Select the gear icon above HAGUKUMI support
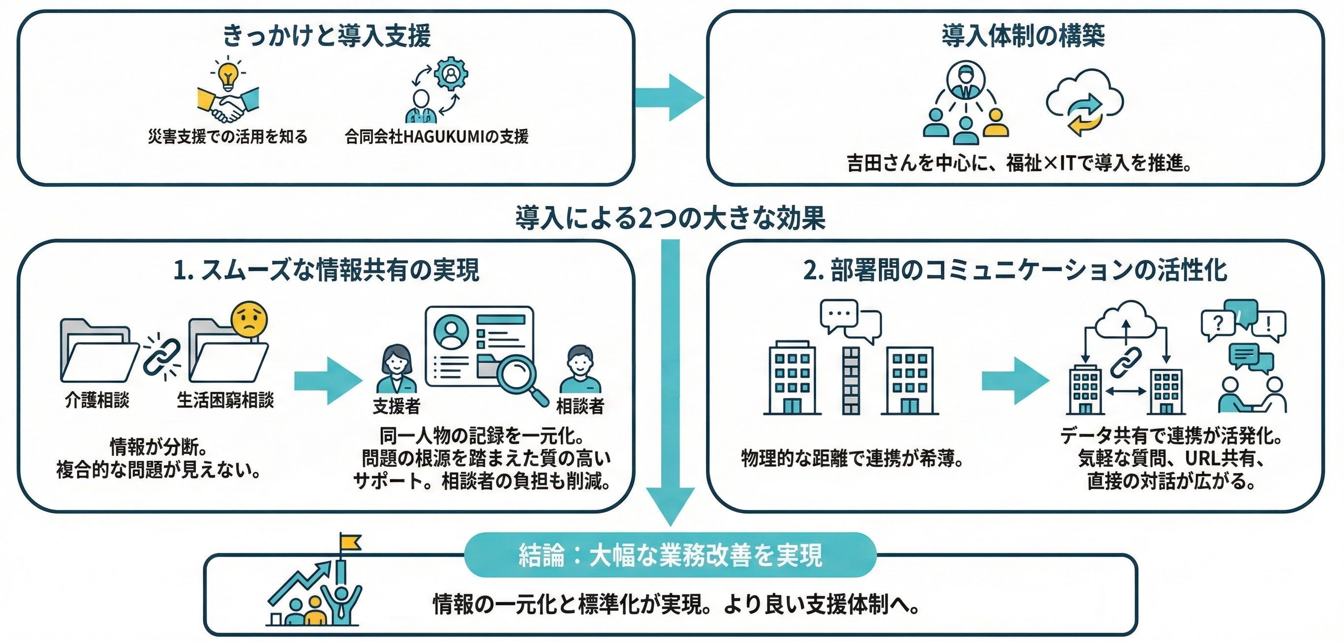click(x=450, y=73)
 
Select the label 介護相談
click(x=97, y=400)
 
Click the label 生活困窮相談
click(x=225, y=400)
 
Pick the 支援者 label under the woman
click(x=397, y=406)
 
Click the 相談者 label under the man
click(x=580, y=406)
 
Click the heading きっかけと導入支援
click(x=327, y=36)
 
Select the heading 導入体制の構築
click(x=1023, y=36)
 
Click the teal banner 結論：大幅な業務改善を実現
click(x=670, y=555)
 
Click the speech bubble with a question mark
click(x=1218, y=323)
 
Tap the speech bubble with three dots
click(x=839, y=314)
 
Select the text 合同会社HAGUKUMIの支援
click(x=436, y=137)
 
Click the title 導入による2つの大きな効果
click(x=671, y=218)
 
